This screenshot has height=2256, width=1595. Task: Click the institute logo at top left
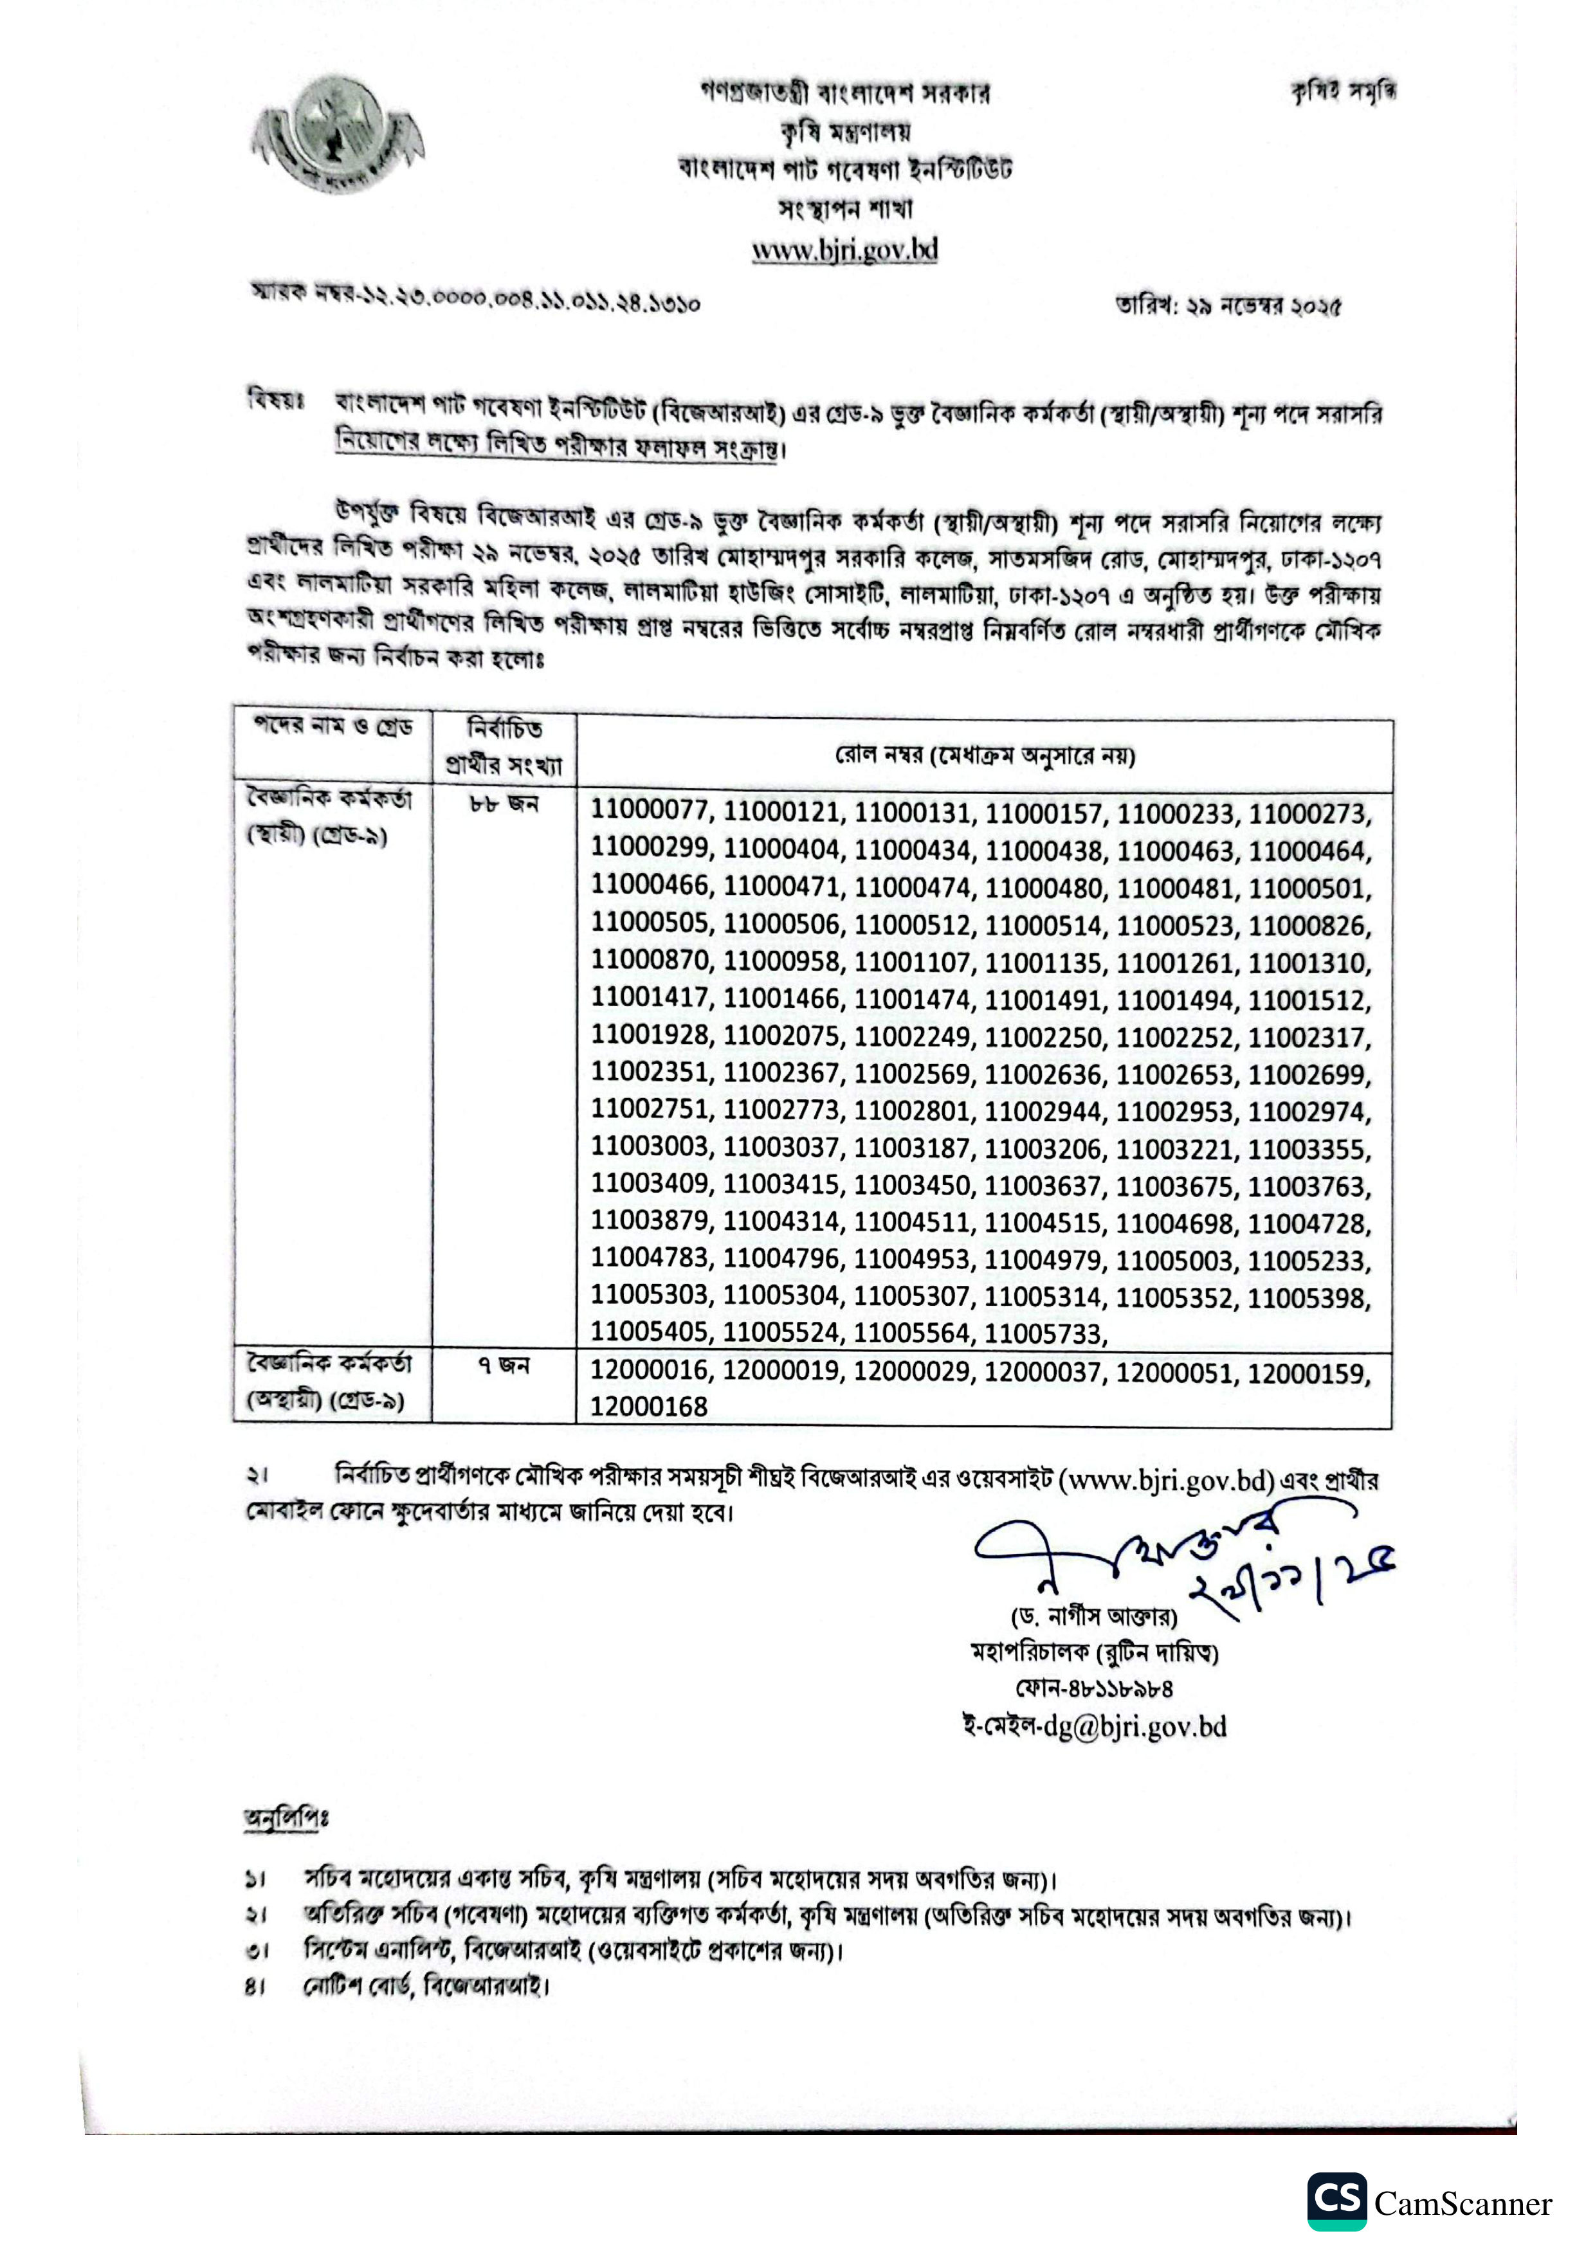coord(337,136)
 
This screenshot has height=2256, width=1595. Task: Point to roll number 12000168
coord(649,1407)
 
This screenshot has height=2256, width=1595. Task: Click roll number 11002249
coord(913,1036)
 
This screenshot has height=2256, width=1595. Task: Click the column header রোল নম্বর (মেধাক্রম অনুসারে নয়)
coord(984,755)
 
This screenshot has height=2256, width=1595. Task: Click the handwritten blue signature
coord(1180,1567)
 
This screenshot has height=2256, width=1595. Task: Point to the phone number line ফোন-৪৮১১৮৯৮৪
coord(1094,1688)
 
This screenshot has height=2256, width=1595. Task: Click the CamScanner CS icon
coord(1336,2201)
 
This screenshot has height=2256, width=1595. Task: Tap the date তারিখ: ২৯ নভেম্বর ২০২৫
coord(1228,305)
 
